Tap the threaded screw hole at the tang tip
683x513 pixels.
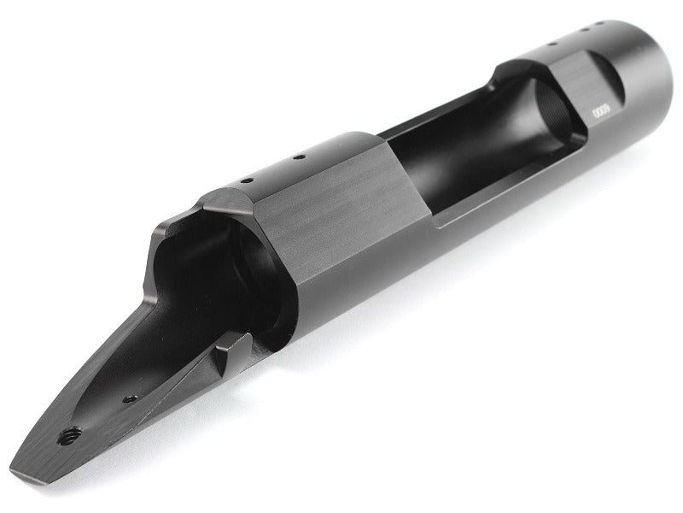pyautogui.click(x=64, y=436)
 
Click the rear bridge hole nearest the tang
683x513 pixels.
pyautogui.click(x=244, y=182)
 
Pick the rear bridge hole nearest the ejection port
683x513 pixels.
pyautogui.click(x=298, y=157)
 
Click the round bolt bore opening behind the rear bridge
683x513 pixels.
pyautogui.click(x=248, y=274)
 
